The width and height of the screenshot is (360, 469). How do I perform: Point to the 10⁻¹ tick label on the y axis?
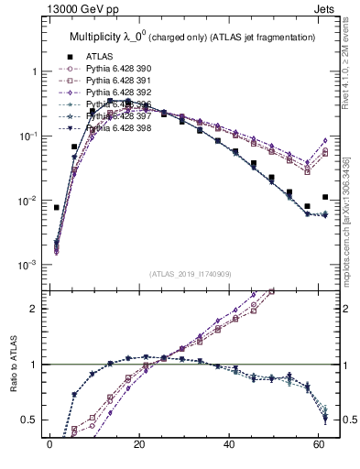click(27, 136)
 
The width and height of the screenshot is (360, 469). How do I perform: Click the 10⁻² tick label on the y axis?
click(27, 201)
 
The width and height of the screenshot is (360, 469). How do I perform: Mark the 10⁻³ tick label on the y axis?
click(27, 265)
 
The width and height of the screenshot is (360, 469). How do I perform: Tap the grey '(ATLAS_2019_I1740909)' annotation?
click(190, 274)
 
